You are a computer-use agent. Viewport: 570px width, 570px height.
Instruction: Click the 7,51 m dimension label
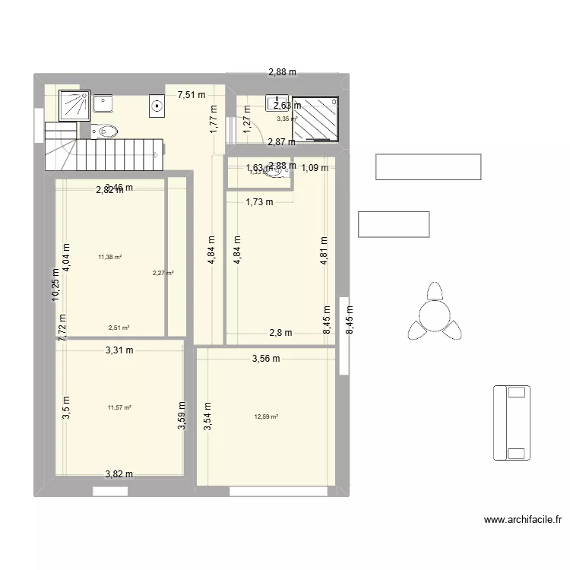[x=192, y=95]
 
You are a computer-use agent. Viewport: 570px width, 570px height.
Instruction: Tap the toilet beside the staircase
[x=106, y=132]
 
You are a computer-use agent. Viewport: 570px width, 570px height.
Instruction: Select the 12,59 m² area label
[x=266, y=416]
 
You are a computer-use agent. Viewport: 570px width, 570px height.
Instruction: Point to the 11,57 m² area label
[x=119, y=407]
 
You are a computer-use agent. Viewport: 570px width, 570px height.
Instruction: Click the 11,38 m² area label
[x=109, y=257]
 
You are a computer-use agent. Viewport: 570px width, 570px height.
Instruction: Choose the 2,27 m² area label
[x=163, y=273]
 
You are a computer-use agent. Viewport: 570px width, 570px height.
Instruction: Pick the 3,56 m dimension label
[x=266, y=359]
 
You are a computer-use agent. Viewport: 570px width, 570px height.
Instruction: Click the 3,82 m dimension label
[x=119, y=474]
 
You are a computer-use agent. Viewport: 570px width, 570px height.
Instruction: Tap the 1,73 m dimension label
[x=258, y=201]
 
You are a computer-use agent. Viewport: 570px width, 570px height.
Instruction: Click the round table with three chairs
[x=434, y=313]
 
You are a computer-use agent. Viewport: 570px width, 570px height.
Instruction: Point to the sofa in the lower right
[x=509, y=423]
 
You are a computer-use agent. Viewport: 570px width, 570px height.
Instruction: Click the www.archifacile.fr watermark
[x=522, y=521]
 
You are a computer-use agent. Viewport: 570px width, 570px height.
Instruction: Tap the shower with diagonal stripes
[x=315, y=119]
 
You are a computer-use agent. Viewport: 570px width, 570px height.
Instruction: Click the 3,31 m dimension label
[x=119, y=350]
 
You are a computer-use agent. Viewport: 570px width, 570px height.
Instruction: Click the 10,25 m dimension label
[x=55, y=285]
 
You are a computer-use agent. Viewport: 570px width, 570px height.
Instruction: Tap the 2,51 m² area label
[x=119, y=328]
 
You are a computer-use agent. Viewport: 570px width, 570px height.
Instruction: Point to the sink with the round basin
[x=157, y=106]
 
